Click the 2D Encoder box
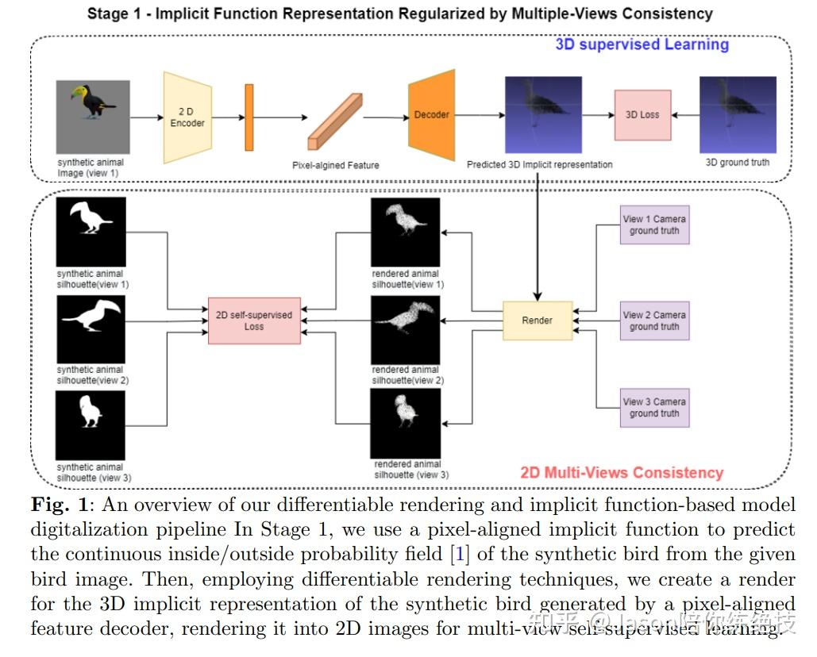tap(187, 117)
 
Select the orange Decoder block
tap(431, 115)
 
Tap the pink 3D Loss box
tap(642, 115)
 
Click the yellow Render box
tap(538, 321)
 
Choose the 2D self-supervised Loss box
tap(254, 321)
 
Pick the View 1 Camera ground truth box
tap(654, 225)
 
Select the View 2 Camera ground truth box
tap(654, 321)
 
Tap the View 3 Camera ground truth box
tap(654, 408)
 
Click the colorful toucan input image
tap(93, 117)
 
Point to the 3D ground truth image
tap(738, 114)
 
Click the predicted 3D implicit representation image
tap(543, 114)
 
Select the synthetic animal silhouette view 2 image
tap(91, 329)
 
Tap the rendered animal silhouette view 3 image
tap(406, 423)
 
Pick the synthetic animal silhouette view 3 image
tap(91, 425)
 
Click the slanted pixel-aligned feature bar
tap(335, 122)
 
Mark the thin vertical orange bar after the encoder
tap(249, 117)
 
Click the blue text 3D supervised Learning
tap(642, 44)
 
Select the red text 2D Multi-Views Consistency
tap(622, 472)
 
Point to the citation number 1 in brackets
tap(460, 554)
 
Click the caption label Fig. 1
tap(59, 505)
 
